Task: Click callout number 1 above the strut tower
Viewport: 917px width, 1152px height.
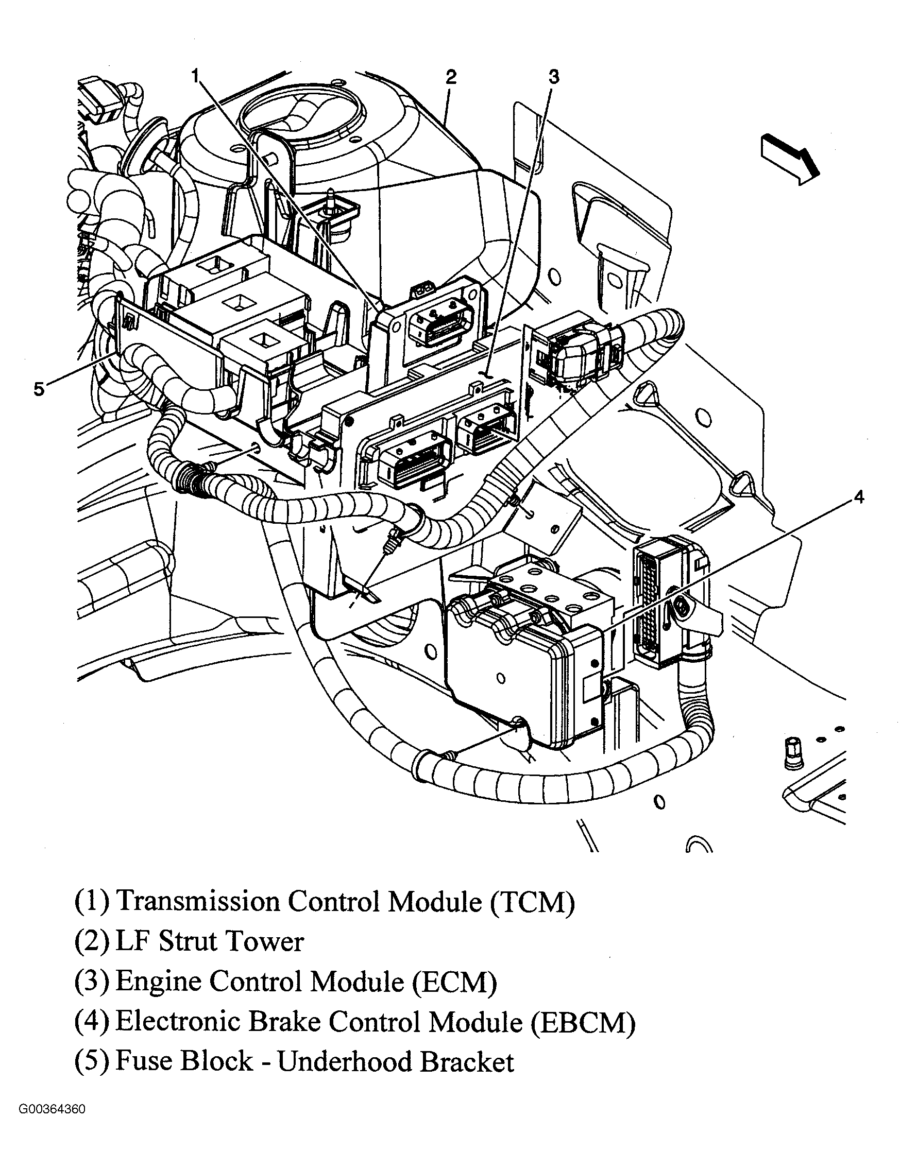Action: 196,75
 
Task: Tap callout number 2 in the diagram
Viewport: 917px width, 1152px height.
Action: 450,77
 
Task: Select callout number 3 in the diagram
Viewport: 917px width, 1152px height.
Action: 554,77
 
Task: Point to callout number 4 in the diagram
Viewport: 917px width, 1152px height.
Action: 858,497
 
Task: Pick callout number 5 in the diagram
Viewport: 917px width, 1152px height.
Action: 39,389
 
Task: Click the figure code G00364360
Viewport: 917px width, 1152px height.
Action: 52,1124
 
